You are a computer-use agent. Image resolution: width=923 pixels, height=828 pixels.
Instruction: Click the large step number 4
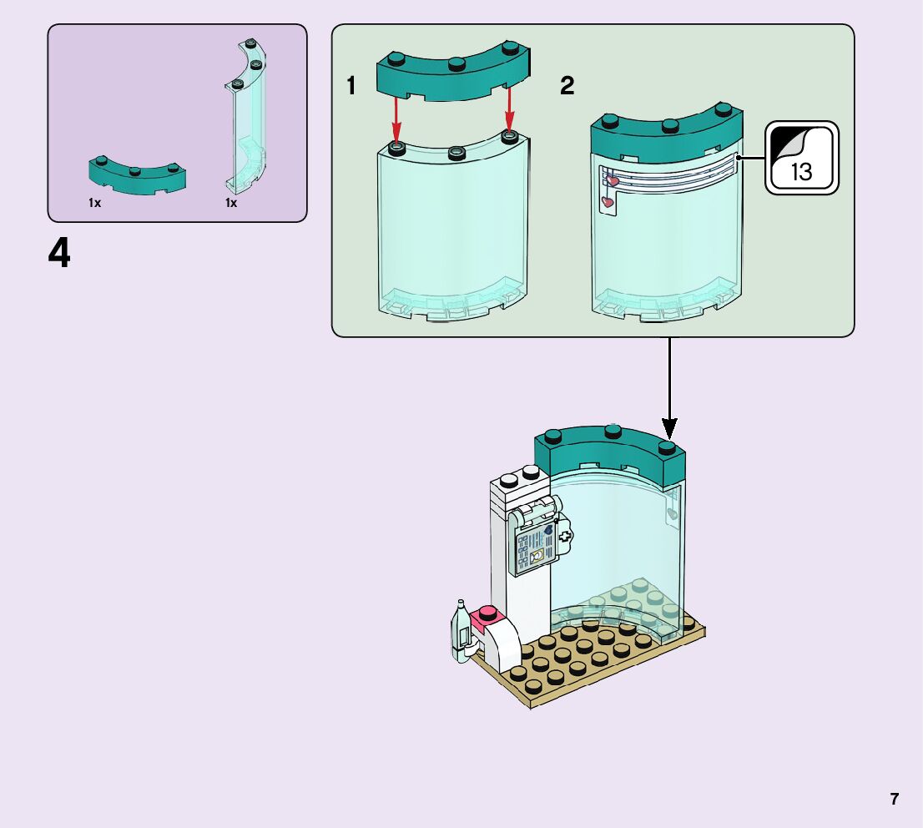[x=59, y=254]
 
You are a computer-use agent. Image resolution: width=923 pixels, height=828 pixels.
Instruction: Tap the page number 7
[x=894, y=799]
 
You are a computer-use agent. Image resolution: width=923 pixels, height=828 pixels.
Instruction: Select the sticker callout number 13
[x=801, y=172]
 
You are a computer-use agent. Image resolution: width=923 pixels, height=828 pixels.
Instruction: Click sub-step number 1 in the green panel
[x=351, y=85]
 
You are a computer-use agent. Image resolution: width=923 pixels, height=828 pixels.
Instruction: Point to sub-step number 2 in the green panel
[x=567, y=85]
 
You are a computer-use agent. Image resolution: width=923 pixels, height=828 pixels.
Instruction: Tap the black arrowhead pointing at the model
[x=668, y=427]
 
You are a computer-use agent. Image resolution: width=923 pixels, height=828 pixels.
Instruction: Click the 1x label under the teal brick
[x=94, y=203]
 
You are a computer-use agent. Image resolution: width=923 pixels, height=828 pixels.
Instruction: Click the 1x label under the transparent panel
[x=231, y=203]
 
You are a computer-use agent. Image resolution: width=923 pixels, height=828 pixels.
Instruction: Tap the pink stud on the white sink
[x=485, y=618]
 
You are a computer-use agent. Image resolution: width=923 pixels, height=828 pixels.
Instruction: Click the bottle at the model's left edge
[x=460, y=632]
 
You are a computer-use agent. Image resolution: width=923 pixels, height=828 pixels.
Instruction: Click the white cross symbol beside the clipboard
[x=566, y=537]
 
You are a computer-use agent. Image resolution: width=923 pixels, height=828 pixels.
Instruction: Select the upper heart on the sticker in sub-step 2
[x=612, y=180]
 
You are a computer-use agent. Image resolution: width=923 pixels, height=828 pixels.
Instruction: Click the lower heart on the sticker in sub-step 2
[x=608, y=201]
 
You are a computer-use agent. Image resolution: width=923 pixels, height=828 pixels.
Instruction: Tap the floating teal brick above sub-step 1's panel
[x=454, y=74]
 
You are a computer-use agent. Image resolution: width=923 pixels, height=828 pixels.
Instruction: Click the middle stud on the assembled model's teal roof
[x=613, y=431]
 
